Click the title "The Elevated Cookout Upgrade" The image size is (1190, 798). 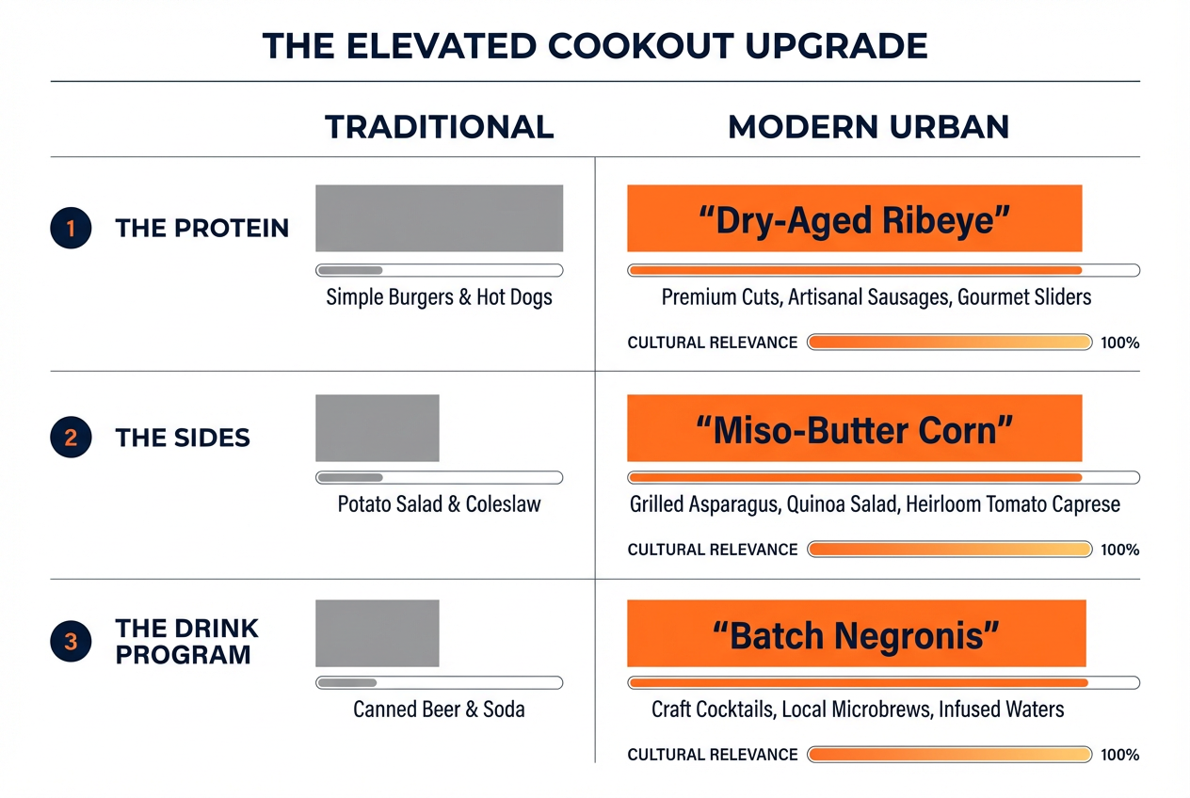594,46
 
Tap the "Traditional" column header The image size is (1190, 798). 439,127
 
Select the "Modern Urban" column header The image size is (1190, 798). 868,127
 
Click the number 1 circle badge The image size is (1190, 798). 71,228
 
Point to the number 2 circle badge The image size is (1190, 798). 71,437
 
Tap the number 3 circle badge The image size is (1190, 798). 71,643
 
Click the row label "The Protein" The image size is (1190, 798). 201,228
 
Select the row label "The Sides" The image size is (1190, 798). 183,437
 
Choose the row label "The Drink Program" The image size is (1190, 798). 186,641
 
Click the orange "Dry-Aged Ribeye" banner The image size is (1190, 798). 854,218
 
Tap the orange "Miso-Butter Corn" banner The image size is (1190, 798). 854,428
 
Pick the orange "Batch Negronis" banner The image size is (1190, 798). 856,634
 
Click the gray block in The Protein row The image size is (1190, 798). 439,218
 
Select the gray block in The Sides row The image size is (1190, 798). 377,428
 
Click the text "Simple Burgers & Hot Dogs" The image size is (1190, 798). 439,297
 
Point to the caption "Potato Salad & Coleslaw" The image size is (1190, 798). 439,504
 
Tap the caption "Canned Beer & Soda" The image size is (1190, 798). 439,709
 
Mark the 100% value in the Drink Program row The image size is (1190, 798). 1119,755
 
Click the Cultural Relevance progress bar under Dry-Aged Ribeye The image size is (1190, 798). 949,343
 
